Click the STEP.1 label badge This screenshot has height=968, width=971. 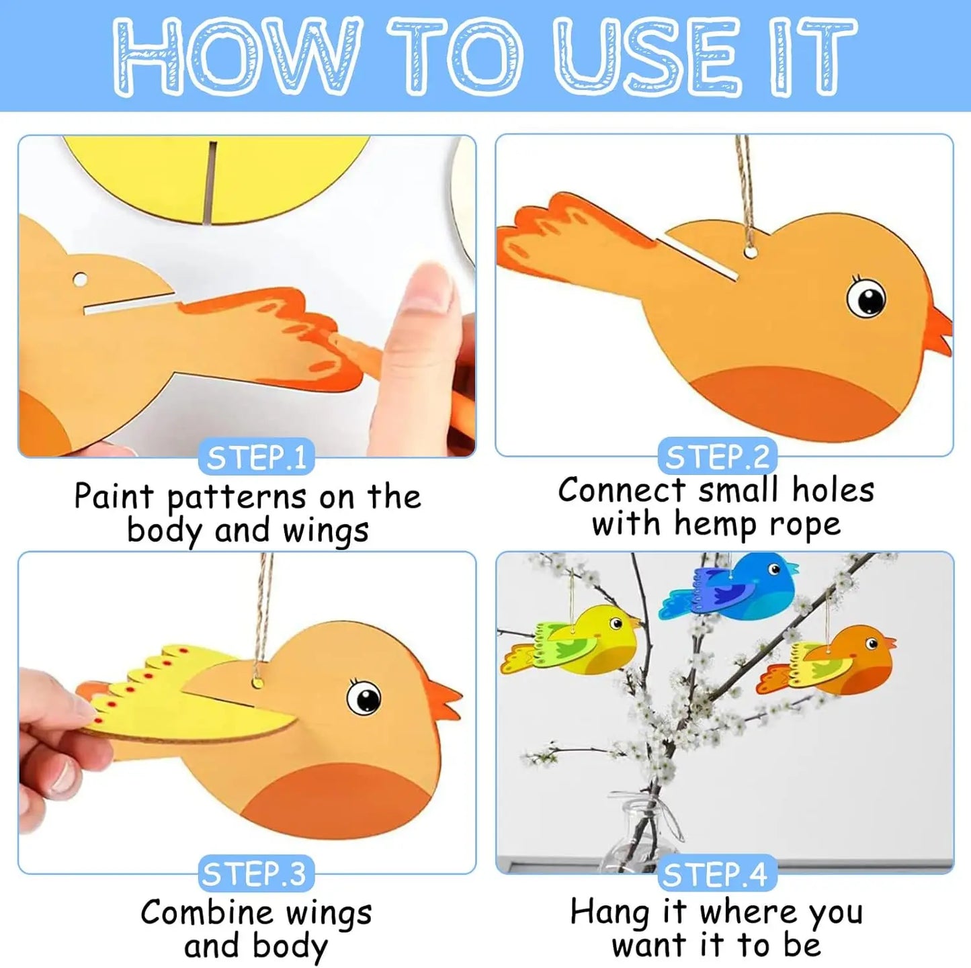tap(256, 458)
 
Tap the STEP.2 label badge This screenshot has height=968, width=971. tap(717, 457)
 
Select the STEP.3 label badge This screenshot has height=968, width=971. tap(255, 875)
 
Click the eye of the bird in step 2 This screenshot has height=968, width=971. tap(866, 298)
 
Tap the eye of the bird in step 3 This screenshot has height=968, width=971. tap(365, 697)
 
